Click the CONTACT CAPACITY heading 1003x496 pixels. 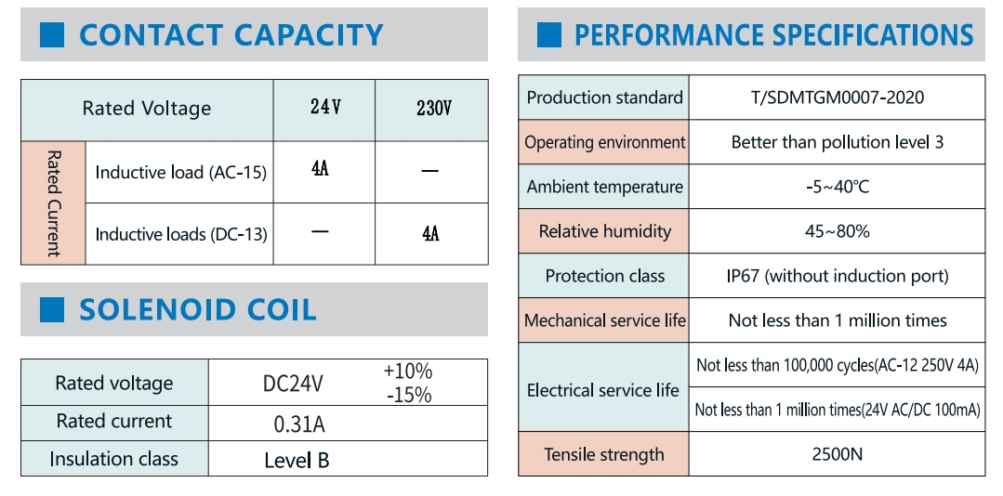coord(231,35)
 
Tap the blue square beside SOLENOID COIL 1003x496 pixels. coord(52,309)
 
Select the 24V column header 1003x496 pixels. coord(325,108)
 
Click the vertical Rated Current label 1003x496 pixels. coord(53,202)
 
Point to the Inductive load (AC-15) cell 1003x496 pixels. coord(180,172)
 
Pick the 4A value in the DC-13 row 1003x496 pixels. coord(430,233)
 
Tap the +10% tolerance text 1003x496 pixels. coord(408,372)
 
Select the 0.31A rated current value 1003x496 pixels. coord(299,424)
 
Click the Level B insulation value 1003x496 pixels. coord(297,460)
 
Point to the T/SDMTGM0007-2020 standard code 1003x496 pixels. coord(837,98)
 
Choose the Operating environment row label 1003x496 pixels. coord(604,142)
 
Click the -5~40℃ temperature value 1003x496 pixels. coord(837,187)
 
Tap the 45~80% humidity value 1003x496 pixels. coord(837,231)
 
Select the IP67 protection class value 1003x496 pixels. coord(837,276)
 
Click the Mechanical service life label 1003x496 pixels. coord(604,320)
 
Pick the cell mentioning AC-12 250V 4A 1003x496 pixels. coord(838,365)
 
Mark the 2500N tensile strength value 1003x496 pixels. coord(837,454)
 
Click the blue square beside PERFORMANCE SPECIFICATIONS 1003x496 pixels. coord(549,35)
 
